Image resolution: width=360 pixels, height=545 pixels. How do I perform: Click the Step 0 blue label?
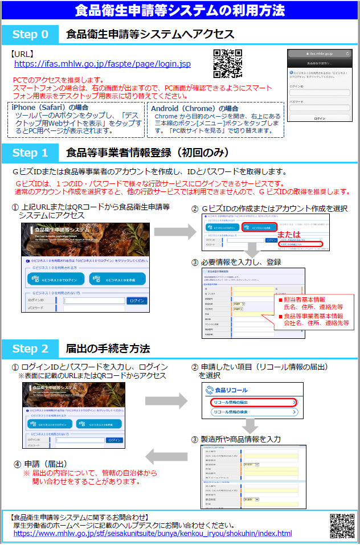tap(30, 34)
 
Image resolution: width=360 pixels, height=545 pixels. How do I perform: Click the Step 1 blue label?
tap(30, 153)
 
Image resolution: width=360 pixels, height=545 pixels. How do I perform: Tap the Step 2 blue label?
tap(30, 349)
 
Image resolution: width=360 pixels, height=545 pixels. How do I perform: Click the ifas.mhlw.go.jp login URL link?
tap(102, 64)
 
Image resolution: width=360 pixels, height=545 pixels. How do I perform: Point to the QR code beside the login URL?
tap(227, 63)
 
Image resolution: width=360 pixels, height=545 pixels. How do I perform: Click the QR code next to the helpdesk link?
tap(342, 524)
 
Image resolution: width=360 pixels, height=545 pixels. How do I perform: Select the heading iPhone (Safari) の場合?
tap(51, 108)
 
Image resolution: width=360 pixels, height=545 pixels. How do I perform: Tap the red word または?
tap(288, 235)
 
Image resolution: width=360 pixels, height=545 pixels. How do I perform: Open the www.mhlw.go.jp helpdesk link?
tap(153, 534)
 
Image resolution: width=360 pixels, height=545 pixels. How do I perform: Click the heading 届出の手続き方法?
tap(108, 349)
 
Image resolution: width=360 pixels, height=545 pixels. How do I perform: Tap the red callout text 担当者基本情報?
tap(313, 300)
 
